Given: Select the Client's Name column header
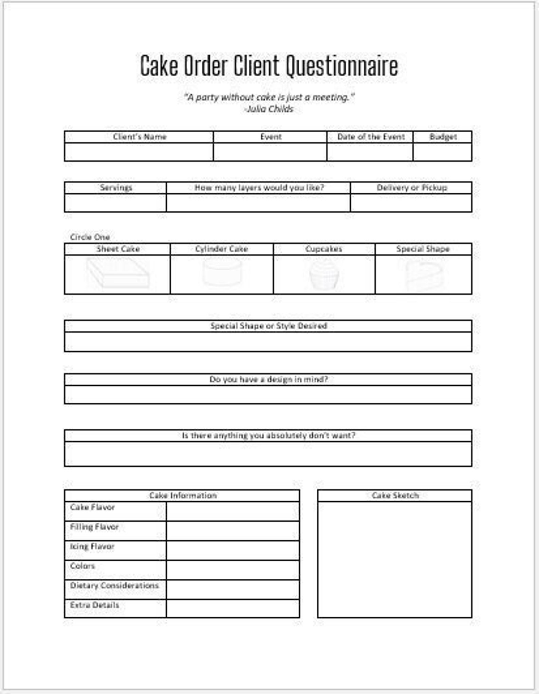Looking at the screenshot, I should click(x=139, y=137).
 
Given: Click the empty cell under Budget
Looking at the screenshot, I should click(x=442, y=152).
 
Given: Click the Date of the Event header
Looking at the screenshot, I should click(x=370, y=137).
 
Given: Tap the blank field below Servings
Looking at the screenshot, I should click(x=115, y=203).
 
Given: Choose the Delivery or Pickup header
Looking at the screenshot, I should click(x=411, y=188).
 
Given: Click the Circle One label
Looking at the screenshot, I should click(x=90, y=237).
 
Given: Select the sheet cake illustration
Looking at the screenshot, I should click(x=117, y=273).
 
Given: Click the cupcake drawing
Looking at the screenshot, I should click(x=324, y=274).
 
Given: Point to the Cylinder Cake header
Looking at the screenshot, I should click(x=221, y=249).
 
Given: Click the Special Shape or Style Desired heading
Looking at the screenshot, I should click(x=268, y=326).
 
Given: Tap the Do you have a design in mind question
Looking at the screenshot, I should click(x=268, y=379).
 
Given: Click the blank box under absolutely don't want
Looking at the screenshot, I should click(x=268, y=454).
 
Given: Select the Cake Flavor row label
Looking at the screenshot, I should click(x=92, y=507).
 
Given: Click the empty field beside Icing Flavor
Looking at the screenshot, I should click(x=233, y=550).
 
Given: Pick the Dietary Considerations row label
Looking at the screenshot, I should click(x=114, y=585).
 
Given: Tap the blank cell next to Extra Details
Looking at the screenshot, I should click(x=233, y=608).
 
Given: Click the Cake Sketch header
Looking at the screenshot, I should click(x=395, y=496).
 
